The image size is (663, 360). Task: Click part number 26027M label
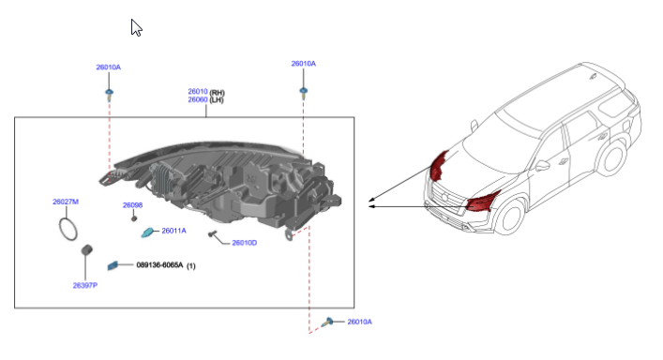66,202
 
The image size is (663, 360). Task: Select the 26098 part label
133,205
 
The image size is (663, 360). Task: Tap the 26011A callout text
173,231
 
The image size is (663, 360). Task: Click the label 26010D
245,243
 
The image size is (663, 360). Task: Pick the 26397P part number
85,286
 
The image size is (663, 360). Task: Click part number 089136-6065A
159,265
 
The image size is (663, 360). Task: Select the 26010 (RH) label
206,92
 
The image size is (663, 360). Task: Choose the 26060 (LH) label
206,99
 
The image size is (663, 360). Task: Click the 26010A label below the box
359,322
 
